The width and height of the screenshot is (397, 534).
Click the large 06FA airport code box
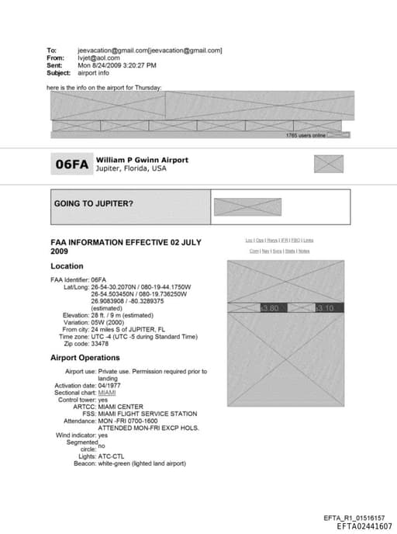point(71,164)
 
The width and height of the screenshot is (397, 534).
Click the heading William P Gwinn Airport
point(142,160)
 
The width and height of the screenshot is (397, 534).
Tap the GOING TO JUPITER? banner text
point(93,203)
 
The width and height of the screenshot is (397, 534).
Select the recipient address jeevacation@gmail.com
point(113,50)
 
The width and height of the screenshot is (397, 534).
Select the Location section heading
point(67,266)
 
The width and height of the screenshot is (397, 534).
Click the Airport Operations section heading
point(85,358)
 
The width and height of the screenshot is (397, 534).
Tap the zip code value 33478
point(100,343)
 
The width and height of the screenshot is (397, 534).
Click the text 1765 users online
point(305,135)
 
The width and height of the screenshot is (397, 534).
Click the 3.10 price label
point(325,308)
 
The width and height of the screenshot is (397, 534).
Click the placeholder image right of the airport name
point(328,164)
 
